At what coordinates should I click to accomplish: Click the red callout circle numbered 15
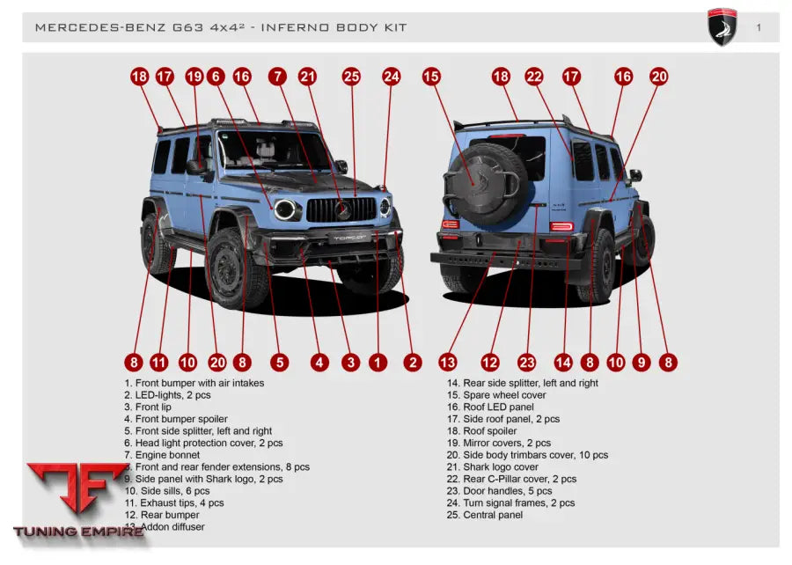[431, 77]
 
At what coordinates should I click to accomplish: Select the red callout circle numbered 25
[352, 77]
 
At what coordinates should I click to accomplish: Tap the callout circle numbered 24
[391, 77]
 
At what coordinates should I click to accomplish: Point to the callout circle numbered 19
[194, 77]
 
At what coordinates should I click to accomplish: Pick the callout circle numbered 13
[448, 362]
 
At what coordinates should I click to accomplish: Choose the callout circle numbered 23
[526, 362]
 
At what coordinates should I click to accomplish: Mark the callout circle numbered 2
[412, 362]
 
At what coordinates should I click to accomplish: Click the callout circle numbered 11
[158, 362]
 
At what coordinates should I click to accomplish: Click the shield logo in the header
[722, 27]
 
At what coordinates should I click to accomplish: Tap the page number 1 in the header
[759, 27]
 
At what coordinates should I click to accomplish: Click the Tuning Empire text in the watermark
[78, 532]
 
